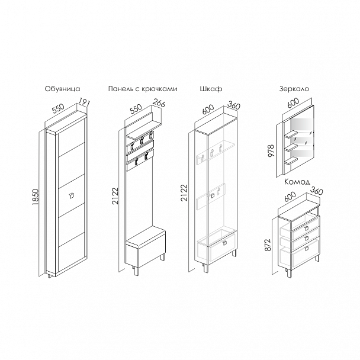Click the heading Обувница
click(x=62, y=89)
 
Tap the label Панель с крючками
click(x=143, y=89)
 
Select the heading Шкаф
click(x=211, y=89)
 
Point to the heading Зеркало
click(x=294, y=89)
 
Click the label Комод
click(x=297, y=182)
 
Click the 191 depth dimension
click(x=84, y=102)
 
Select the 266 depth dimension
click(x=159, y=102)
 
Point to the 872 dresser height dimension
click(x=268, y=245)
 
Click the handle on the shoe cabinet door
click(x=72, y=195)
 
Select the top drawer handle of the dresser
click(x=307, y=228)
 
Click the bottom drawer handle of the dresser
click(x=307, y=248)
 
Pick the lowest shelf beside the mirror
click(x=291, y=160)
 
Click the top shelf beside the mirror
click(x=291, y=134)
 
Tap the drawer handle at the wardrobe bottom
click(x=224, y=243)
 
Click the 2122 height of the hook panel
click(x=115, y=196)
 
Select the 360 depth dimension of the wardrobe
click(x=234, y=105)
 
